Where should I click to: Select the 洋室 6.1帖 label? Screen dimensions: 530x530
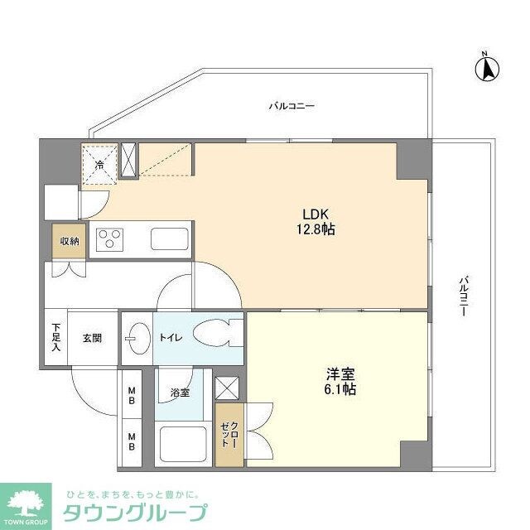point(340,380)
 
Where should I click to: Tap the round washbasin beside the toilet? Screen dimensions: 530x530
point(137,338)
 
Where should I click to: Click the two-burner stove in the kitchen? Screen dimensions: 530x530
point(108,240)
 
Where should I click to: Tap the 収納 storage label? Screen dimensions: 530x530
point(69,241)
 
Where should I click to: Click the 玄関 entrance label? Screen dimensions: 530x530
point(92,338)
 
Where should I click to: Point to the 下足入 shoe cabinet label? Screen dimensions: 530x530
point(56,337)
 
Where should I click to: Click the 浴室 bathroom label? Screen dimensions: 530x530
point(180,393)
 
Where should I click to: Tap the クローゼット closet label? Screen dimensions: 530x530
point(229,434)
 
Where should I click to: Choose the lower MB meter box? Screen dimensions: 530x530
point(131,439)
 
